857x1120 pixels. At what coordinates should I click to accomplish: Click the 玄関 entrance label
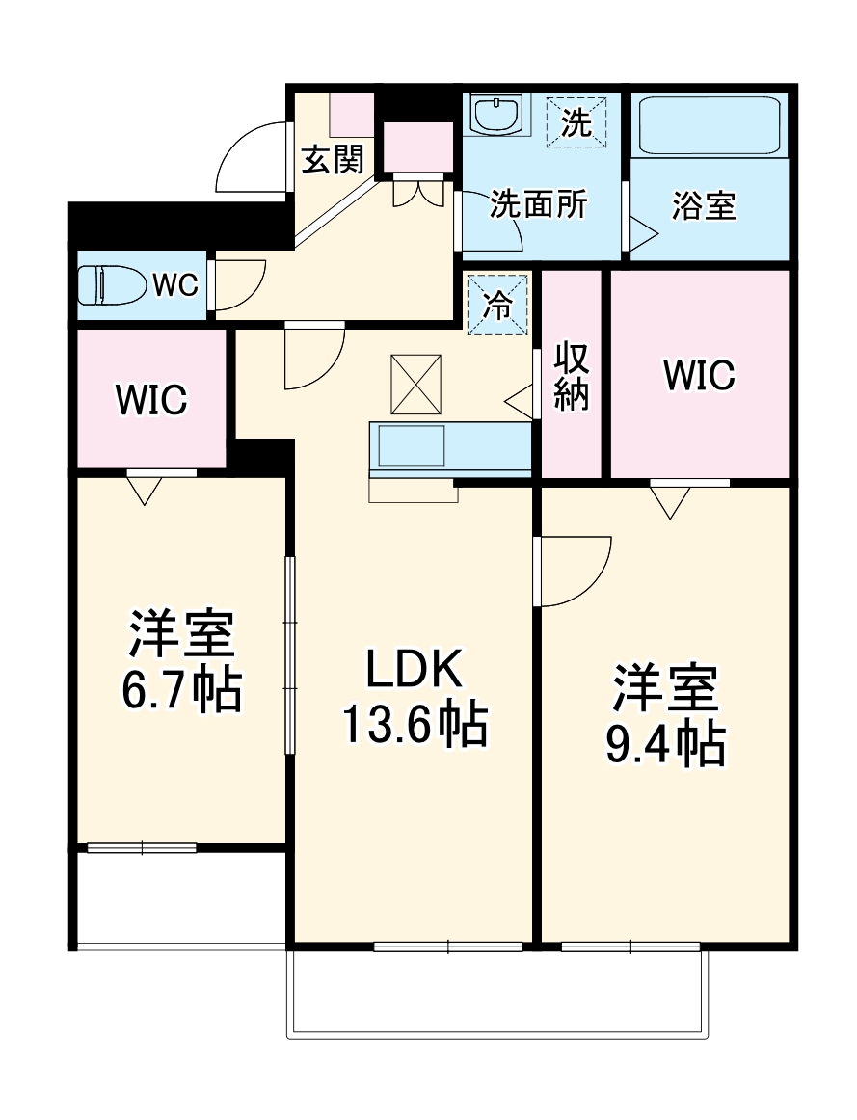334,159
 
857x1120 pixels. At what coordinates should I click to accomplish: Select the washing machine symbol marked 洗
576,122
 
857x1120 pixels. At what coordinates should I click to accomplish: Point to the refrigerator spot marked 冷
497,306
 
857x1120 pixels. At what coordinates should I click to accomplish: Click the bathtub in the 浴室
710,125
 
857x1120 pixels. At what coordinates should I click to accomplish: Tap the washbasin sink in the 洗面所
496,116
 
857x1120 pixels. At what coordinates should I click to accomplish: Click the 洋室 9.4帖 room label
665,714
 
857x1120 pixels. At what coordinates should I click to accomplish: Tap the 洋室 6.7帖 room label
181,659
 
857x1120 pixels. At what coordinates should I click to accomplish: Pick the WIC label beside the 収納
699,376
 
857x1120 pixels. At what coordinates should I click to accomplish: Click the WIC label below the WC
151,400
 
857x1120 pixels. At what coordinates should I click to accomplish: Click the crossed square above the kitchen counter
415,384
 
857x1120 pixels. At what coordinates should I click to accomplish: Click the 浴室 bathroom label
704,205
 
